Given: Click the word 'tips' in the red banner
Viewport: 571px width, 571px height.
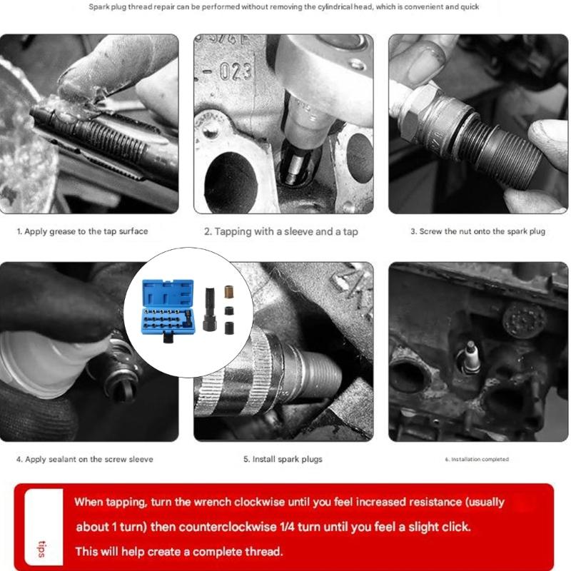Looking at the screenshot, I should [x=42, y=550].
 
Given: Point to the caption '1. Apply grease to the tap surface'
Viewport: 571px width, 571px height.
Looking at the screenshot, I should [x=82, y=232].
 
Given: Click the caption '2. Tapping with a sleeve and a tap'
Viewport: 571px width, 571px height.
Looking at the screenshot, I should [x=281, y=232].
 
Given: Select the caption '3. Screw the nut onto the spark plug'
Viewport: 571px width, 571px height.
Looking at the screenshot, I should [x=479, y=232].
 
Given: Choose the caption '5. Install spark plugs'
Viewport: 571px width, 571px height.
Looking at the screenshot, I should [x=283, y=459].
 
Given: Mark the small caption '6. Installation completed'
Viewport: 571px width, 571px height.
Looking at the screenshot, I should [x=477, y=459].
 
